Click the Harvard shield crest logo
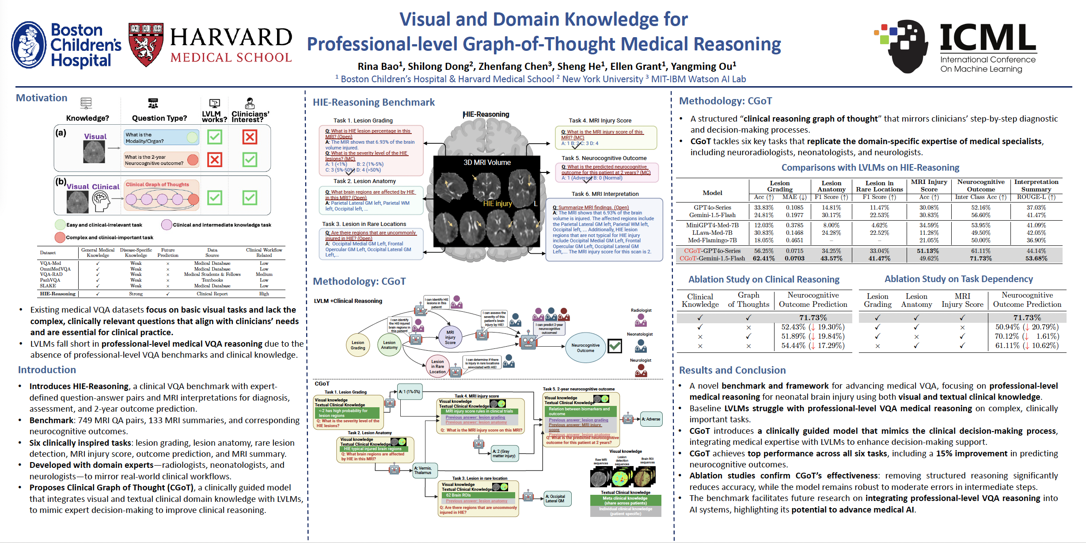point(146,45)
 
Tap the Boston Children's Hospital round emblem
point(29,45)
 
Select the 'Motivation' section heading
point(42,98)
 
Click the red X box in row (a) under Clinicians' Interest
point(250,137)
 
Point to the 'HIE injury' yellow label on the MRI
point(497,203)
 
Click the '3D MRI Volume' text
point(487,162)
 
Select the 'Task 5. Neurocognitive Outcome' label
point(604,158)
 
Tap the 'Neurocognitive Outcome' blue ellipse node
point(585,348)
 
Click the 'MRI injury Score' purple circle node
point(450,337)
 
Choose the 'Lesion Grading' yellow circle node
point(358,345)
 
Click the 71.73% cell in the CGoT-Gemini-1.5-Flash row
point(980,258)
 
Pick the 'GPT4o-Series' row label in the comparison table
point(712,207)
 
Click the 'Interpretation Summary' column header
point(1036,185)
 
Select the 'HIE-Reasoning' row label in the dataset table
point(57,294)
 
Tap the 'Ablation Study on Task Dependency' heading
point(958,279)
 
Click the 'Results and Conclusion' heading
point(732,370)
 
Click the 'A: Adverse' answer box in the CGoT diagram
point(651,419)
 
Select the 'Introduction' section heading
point(47,370)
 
